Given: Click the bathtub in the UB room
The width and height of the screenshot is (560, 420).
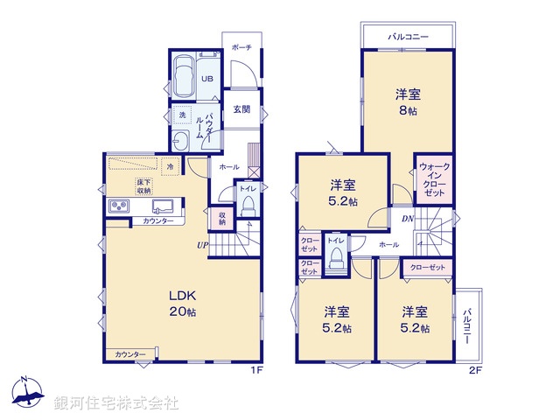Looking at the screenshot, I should click(x=185, y=77).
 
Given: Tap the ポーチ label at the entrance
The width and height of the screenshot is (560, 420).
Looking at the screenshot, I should click(x=242, y=47).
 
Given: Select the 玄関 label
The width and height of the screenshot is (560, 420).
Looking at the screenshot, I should click(x=242, y=109).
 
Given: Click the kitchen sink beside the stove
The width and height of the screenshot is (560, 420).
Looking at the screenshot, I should click(x=164, y=206).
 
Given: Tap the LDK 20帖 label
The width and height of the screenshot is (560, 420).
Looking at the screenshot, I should click(x=184, y=302).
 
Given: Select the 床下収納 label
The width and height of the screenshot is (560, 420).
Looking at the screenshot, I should click(x=143, y=186).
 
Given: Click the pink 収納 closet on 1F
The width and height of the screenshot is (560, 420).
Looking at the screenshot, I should click(x=222, y=217).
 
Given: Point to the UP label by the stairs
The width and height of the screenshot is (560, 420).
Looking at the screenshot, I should click(x=202, y=245).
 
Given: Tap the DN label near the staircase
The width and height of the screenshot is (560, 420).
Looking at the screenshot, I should click(x=408, y=219).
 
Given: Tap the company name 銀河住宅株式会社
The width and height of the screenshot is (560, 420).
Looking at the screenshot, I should click(x=115, y=402).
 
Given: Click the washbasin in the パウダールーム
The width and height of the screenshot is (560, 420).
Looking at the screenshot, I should click(x=182, y=142).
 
